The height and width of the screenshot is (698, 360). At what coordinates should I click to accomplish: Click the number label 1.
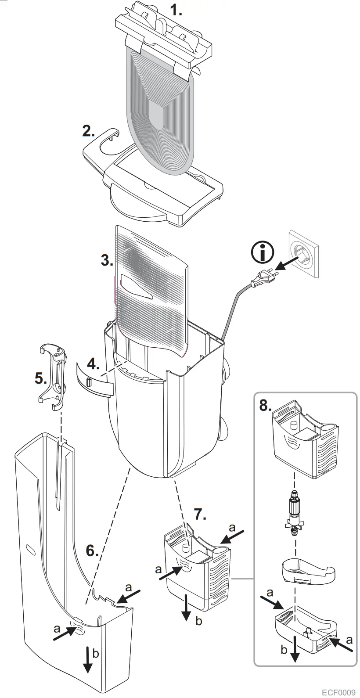176,10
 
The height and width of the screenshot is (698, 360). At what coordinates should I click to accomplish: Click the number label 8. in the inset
265,405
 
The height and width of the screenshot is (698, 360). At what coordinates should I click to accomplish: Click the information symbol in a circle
263,253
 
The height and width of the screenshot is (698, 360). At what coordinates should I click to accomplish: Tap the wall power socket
302,255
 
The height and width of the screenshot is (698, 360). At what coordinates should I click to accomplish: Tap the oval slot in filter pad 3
136,289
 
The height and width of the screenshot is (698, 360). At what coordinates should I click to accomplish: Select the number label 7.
200,514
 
